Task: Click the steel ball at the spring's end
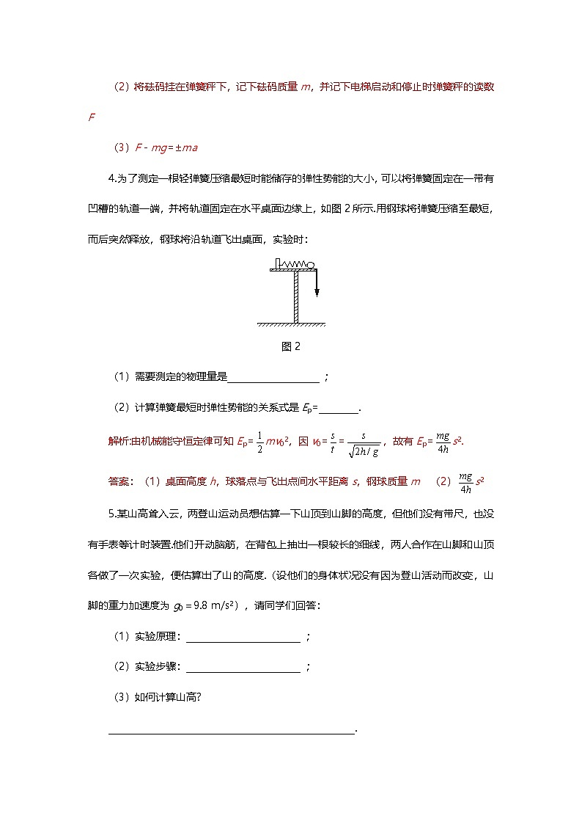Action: (311, 265)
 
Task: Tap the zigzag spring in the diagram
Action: (294, 265)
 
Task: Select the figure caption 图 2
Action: (291, 347)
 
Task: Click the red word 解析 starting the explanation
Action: (117, 442)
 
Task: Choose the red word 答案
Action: (117, 481)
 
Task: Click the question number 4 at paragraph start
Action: (111, 178)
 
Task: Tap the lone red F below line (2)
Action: (91, 117)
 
